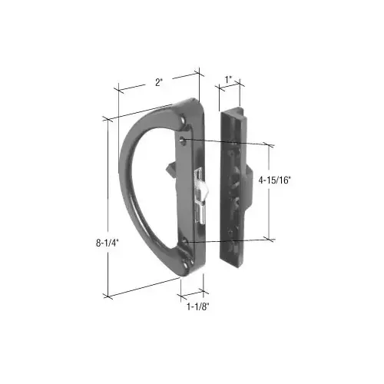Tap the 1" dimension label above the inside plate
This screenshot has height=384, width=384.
coord(228,78)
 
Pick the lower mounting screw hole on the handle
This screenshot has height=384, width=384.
coord(186,245)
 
